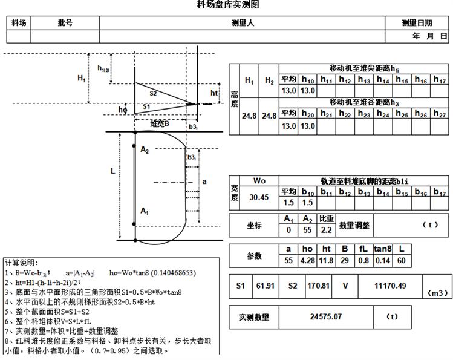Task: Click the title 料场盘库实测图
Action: coord(228,5)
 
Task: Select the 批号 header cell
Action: coord(65,23)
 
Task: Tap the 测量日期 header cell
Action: coord(417,23)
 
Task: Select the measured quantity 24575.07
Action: coord(325,316)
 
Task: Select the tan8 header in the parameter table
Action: coord(382,249)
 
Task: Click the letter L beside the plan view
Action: coord(112,171)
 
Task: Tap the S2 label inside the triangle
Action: coord(153,93)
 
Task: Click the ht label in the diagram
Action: coord(214,93)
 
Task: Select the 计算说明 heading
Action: coord(21,264)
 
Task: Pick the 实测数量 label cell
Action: coord(253,316)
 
